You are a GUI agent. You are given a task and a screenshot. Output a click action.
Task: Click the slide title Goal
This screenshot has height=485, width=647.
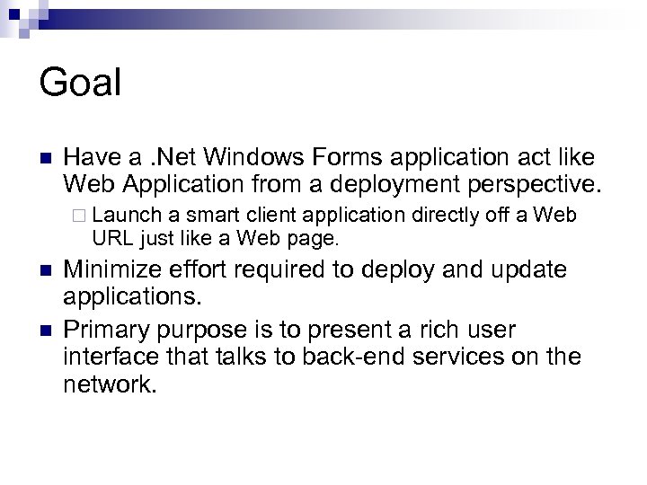point(80,84)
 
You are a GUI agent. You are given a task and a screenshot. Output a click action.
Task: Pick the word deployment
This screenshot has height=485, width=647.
point(387,185)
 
